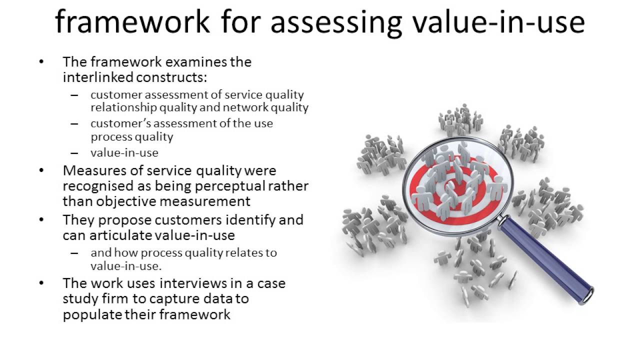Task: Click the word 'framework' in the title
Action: coord(132,22)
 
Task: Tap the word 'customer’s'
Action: coord(116,123)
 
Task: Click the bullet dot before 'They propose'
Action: coord(41,219)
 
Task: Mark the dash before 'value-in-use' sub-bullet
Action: coord(74,153)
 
